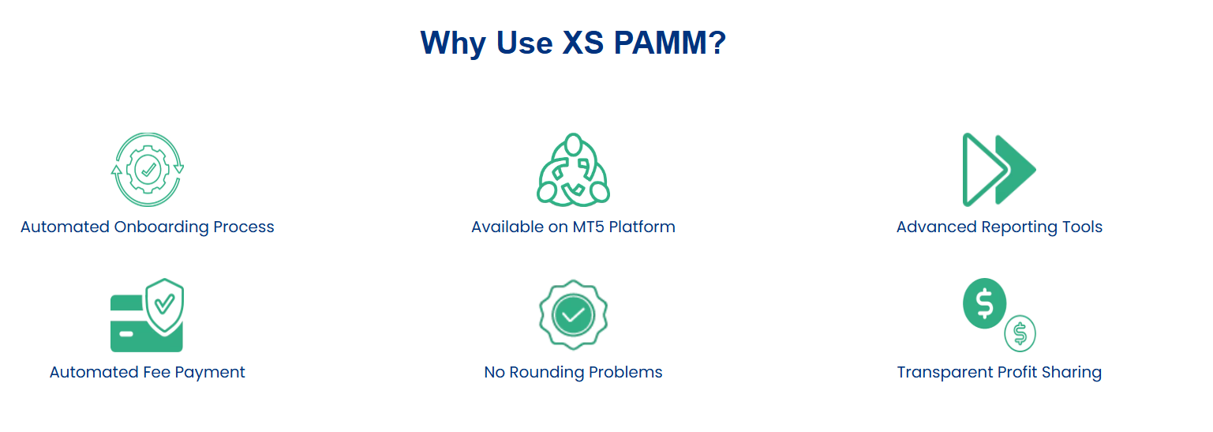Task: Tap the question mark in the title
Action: [x=717, y=43]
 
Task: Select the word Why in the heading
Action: [x=453, y=43]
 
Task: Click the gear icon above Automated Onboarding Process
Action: [x=148, y=170]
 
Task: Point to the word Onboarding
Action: [x=161, y=227]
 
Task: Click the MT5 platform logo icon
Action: [x=573, y=170]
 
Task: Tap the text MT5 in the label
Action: [x=589, y=227]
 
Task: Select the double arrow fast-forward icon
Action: [x=999, y=170]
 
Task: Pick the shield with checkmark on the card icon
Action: [x=165, y=305]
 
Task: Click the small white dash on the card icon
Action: [x=126, y=334]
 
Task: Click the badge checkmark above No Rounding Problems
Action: [x=573, y=315]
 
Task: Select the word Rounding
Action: [x=547, y=373]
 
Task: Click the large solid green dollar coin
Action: [x=984, y=303]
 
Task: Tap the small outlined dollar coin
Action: [x=1020, y=334]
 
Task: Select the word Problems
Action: [x=626, y=372]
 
